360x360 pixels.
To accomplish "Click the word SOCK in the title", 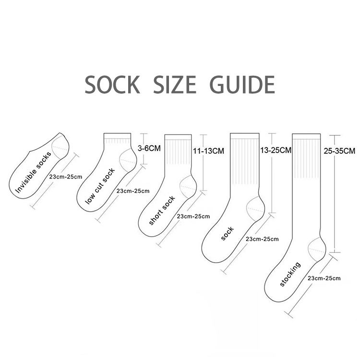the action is point(112,85).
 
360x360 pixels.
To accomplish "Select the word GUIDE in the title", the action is point(243,85).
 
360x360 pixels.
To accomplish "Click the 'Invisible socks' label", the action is point(36,171).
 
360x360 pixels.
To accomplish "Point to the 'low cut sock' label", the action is point(100,187).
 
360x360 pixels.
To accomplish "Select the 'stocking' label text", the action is point(290,274).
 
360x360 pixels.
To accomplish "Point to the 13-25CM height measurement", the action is point(275,150).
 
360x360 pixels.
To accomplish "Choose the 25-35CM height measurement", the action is point(339,151).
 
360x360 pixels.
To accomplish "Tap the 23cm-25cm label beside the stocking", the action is point(324,278).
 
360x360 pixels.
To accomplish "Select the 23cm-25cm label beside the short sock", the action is point(193,216).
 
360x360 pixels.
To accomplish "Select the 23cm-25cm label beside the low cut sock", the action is point(133,191).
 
